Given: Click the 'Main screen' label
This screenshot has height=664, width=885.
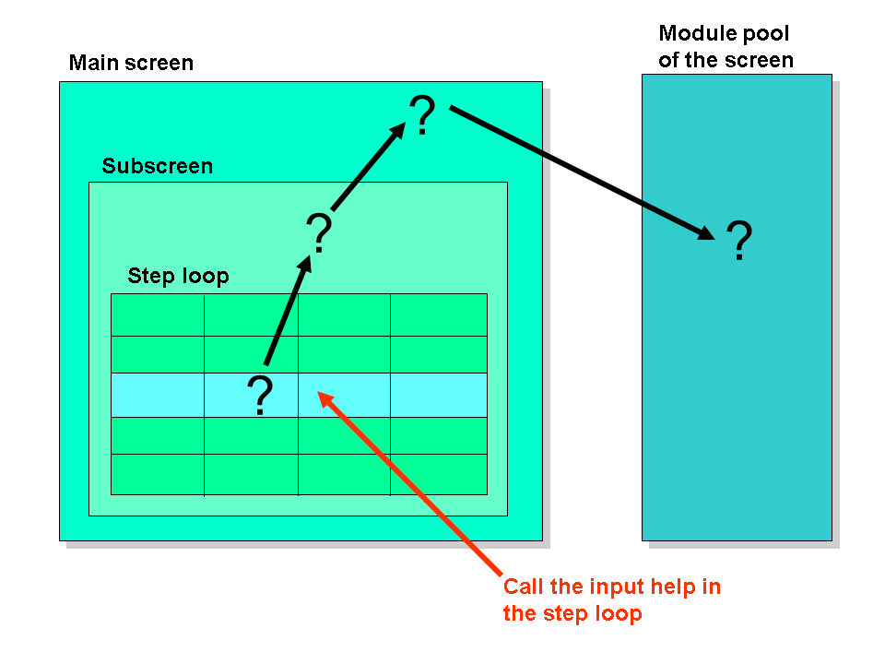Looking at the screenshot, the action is (x=131, y=63).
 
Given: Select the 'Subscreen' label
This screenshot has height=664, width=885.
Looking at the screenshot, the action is (x=158, y=166).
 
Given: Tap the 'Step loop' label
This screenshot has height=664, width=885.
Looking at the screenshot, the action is (x=178, y=276).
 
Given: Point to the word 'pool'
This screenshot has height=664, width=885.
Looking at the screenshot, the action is (x=765, y=34).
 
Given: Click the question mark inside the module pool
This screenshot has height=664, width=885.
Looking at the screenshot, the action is (x=739, y=240).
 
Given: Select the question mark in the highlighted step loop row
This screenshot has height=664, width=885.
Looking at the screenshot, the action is (x=260, y=396).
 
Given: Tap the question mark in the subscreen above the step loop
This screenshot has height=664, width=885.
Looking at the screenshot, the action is (x=319, y=232).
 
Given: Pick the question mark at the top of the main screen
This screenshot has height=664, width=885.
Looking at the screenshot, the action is (x=422, y=114).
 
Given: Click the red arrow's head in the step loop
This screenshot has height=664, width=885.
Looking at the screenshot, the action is (x=325, y=399).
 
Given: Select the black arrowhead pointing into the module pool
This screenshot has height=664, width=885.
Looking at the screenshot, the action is (x=706, y=232).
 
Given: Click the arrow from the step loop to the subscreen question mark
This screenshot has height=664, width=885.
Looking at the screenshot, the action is (x=288, y=311).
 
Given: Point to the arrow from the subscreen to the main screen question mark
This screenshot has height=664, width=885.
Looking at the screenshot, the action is (x=368, y=167).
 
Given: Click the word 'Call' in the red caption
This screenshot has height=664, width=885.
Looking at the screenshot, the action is (x=524, y=587).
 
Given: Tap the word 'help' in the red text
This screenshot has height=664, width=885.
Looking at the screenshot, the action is (x=673, y=587).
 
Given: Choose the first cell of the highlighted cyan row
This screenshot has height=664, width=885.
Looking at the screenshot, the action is (x=158, y=396).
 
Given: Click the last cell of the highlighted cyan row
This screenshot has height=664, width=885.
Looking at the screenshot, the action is (x=439, y=396).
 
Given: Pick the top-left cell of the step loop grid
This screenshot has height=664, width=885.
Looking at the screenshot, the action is (x=158, y=315).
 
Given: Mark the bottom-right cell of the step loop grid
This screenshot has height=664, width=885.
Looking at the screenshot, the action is (x=439, y=474).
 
